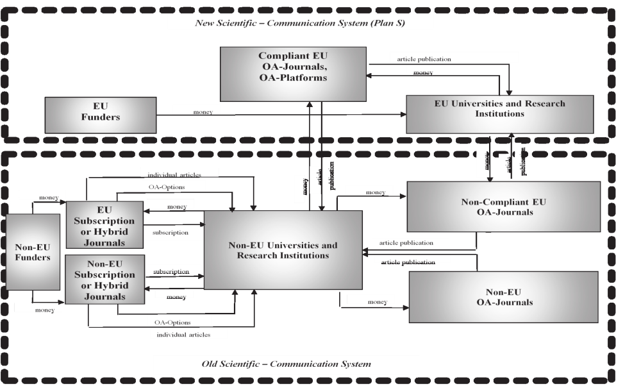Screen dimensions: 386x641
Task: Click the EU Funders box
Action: coord(101,115)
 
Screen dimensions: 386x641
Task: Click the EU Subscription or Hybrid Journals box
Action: coord(104,224)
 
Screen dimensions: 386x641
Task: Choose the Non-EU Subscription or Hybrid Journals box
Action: coord(104,279)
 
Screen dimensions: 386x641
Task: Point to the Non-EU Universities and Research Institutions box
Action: coord(283,250)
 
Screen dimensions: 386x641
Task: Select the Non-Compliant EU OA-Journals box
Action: coord(504,206)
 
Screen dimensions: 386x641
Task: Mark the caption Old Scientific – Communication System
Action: coord(286,364)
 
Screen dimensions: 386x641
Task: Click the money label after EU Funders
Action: coord(203,113)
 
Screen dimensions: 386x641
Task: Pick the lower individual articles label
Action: coord(183,334)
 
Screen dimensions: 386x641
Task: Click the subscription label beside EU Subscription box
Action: coord(171,232)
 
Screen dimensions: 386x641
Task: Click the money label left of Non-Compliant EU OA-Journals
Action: coord(375,192)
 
